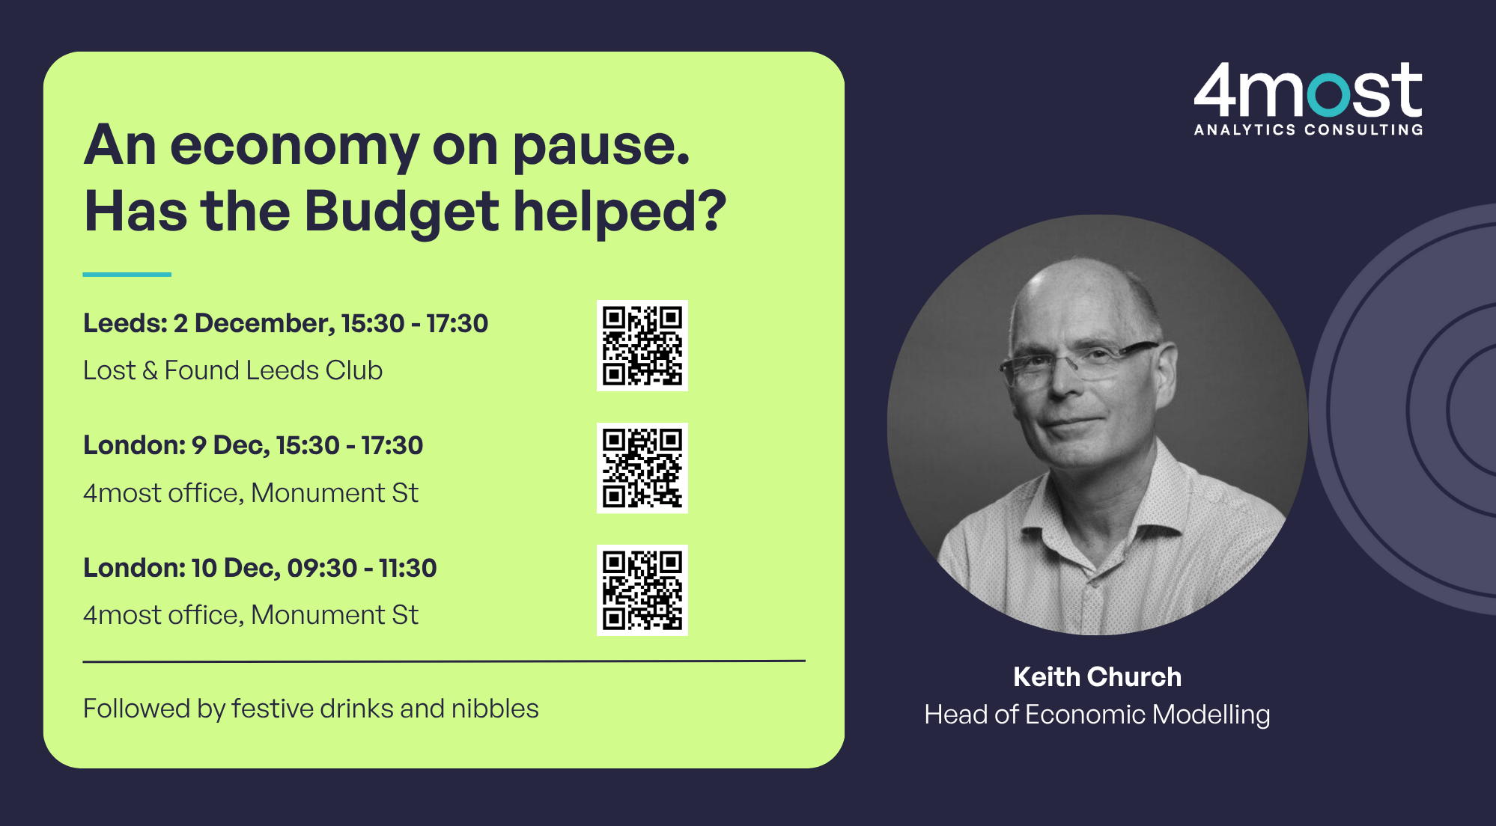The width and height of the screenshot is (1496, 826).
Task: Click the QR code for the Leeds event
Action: tap(642, 346)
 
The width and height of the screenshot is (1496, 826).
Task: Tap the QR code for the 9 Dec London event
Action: tap(642, 468)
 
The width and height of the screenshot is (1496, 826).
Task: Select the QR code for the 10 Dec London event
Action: tap(642, 590)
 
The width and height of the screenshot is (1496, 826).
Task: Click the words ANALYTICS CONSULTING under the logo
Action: tap(1308, 129)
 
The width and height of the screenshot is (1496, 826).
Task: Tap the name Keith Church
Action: tap(1097, 676)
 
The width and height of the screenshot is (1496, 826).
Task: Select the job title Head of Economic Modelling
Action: tap(1097, 715)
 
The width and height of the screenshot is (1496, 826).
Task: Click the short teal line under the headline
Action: tap(127, 275)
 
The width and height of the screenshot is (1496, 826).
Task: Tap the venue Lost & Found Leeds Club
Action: tap(233, 370)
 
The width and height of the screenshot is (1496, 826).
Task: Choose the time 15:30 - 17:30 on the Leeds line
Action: tap(414, 323)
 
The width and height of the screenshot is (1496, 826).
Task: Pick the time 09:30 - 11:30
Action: tap(362, 568)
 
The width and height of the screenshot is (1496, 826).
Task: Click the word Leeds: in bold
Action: tap(125, 323)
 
